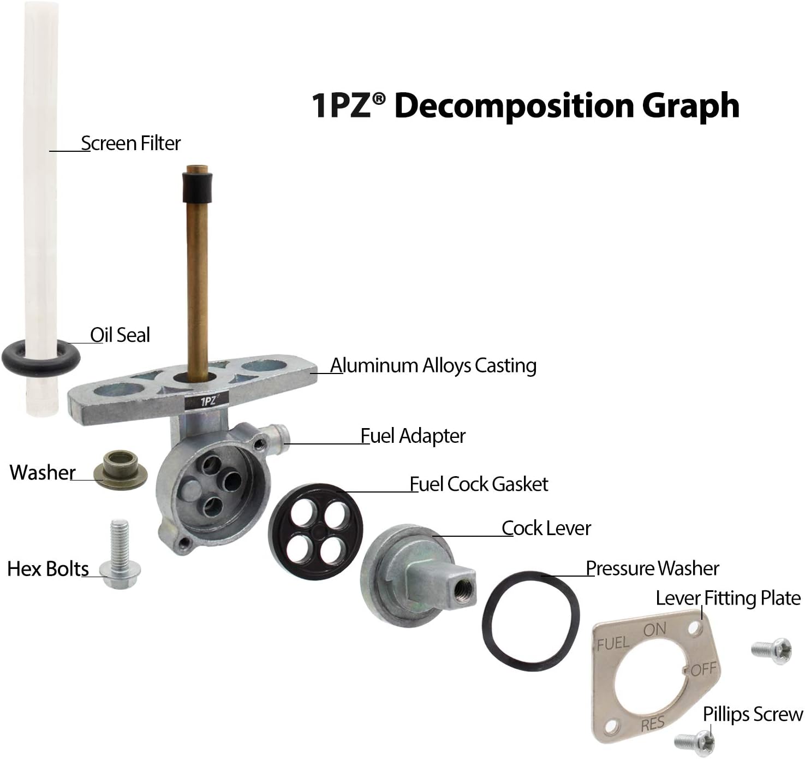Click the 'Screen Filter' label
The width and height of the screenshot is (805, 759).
[130, 143]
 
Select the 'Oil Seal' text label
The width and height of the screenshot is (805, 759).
[120, 335]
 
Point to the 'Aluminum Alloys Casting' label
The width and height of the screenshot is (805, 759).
[433, 365]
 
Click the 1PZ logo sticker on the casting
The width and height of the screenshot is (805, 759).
[206, 401]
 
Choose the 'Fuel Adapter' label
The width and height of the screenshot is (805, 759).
[413, 436]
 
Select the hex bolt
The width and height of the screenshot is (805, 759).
[120, 555]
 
